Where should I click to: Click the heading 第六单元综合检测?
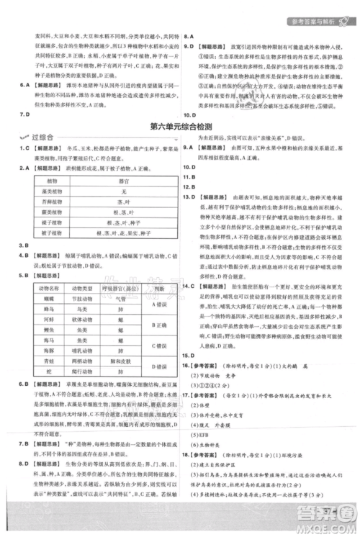pos(181,127)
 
